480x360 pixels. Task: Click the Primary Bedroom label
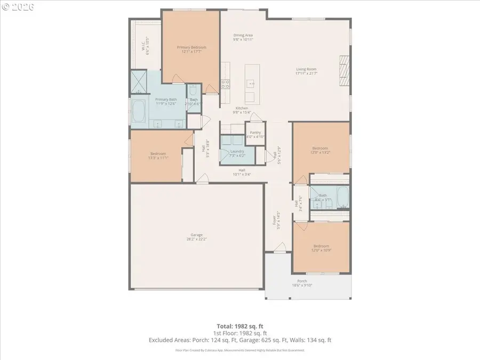(191, 47)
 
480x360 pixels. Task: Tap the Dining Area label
(243, 35)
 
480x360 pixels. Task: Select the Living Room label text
(306, 69)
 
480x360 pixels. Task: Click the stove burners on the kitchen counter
(225, 83)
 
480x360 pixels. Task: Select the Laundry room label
(237, 151)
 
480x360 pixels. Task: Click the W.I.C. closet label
(143, 47)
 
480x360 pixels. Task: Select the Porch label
(302, 281)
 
